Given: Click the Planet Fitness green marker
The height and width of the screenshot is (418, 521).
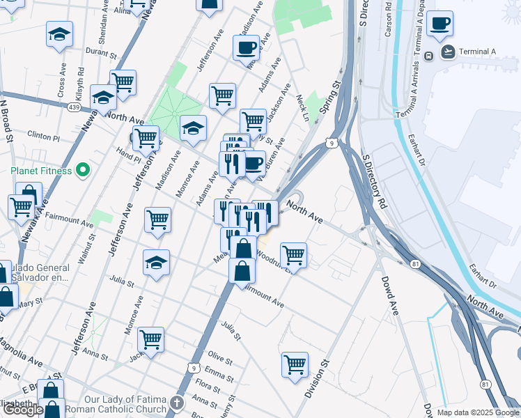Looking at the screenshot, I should tap(82, 170).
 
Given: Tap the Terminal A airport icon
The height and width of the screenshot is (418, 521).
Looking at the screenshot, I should tap(447, 52).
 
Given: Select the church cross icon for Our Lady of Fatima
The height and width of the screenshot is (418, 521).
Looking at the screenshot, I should tap(177, 403).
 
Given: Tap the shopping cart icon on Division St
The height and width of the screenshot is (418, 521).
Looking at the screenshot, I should tap(295, 364).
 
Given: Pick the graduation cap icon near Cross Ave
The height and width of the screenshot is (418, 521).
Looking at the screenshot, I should tap(60, 35).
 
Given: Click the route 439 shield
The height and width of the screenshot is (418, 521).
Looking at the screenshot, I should tap(74, 107).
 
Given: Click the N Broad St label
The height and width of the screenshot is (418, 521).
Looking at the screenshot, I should tap(7, 121).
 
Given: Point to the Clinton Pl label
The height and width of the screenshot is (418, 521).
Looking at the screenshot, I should tap(44, 134).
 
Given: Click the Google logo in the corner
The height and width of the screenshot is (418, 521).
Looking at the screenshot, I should tap(22, 410).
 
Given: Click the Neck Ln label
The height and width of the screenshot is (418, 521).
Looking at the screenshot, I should tap(302, 108).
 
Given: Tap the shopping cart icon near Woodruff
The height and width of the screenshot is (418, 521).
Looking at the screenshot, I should tap(293, 255).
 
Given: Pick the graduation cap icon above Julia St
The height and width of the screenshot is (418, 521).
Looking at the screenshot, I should tap(157, 263).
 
